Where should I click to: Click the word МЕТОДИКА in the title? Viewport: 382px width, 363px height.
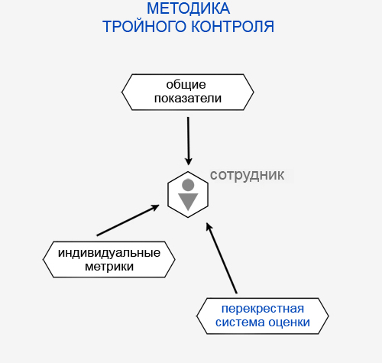pos(189,8)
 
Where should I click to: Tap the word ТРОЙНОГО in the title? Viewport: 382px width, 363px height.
pos(144,27)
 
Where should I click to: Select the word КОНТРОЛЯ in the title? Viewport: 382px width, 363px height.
pos(232,27)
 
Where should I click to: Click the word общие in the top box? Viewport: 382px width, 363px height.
pos(186,85)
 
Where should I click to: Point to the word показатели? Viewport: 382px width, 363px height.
pos(188,99)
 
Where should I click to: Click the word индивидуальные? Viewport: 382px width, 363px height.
pos(109,253)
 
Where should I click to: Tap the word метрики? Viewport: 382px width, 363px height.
pos(109,267)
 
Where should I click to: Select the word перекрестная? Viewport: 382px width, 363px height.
pos(263,309)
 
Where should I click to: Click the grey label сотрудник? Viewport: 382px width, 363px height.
pos(247,175)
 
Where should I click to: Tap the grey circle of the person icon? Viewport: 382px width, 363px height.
pos(188,185)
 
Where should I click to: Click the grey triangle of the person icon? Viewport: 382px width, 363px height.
pos(188,200)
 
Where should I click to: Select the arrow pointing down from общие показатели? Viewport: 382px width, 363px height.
pos(188,141)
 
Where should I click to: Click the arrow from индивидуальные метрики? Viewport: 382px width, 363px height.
pos(128,220)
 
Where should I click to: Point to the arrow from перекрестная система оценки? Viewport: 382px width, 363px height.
pos(222,258)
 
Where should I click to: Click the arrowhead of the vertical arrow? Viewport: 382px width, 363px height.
pos(189,161)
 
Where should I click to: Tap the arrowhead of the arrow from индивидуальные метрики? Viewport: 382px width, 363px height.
pos(155,208)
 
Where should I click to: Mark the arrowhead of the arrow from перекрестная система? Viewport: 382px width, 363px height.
pos(209,227)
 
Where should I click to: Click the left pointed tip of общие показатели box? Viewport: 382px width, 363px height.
pos(122,92)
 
